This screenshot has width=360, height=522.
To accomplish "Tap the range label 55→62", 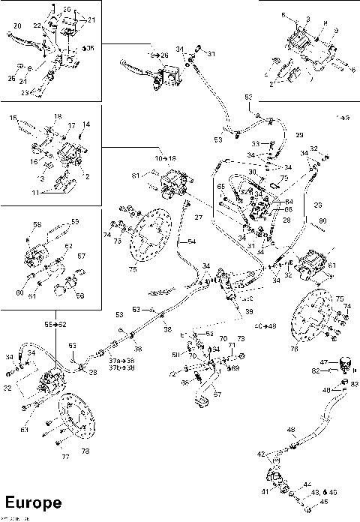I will (x=55, y=324).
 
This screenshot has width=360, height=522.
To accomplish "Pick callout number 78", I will (x=85, y=451).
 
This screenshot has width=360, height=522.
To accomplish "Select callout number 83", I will (x=355, y=384).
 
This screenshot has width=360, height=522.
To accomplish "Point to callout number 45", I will (x=324, y=502).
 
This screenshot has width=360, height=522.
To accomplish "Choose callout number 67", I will (x=217, y=393).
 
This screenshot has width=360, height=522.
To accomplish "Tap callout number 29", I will (x=298, y=135).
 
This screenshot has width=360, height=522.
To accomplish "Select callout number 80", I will (x=322, y=220).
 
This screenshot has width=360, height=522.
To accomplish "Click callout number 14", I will (x=86, y=124).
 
